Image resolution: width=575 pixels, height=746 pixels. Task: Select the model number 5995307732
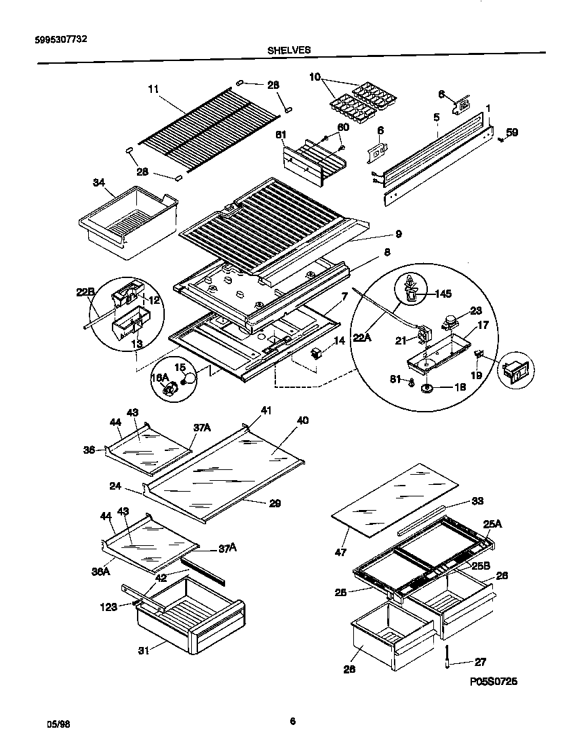click(x=60, y=39)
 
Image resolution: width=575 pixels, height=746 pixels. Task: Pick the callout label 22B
click(x=85, y=292)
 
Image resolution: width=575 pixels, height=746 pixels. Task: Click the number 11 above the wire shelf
click(x=153, y=88)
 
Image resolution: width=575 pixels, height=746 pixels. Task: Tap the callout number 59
click(x=512, y=132)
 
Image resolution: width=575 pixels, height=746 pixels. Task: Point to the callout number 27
click(x=479, y=662)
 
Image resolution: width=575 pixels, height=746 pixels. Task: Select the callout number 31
click(x=144, y=650)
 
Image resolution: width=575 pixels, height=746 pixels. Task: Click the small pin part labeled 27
click(x=448, y=656)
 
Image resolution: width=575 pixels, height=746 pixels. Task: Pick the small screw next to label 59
click(x=500, y=140)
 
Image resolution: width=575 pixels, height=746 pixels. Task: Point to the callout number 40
click(x=302, y=420)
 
